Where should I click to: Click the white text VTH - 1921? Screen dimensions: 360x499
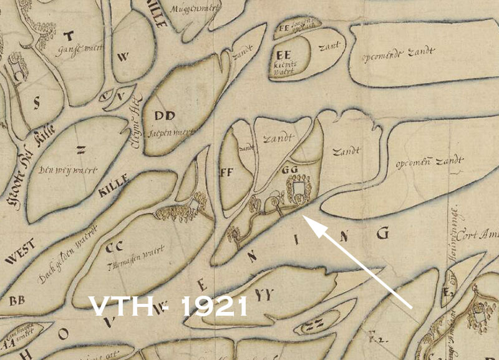169,306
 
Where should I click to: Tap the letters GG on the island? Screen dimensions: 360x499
288,168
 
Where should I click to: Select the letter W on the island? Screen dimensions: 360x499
123,57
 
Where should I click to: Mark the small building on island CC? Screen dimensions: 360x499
195,203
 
